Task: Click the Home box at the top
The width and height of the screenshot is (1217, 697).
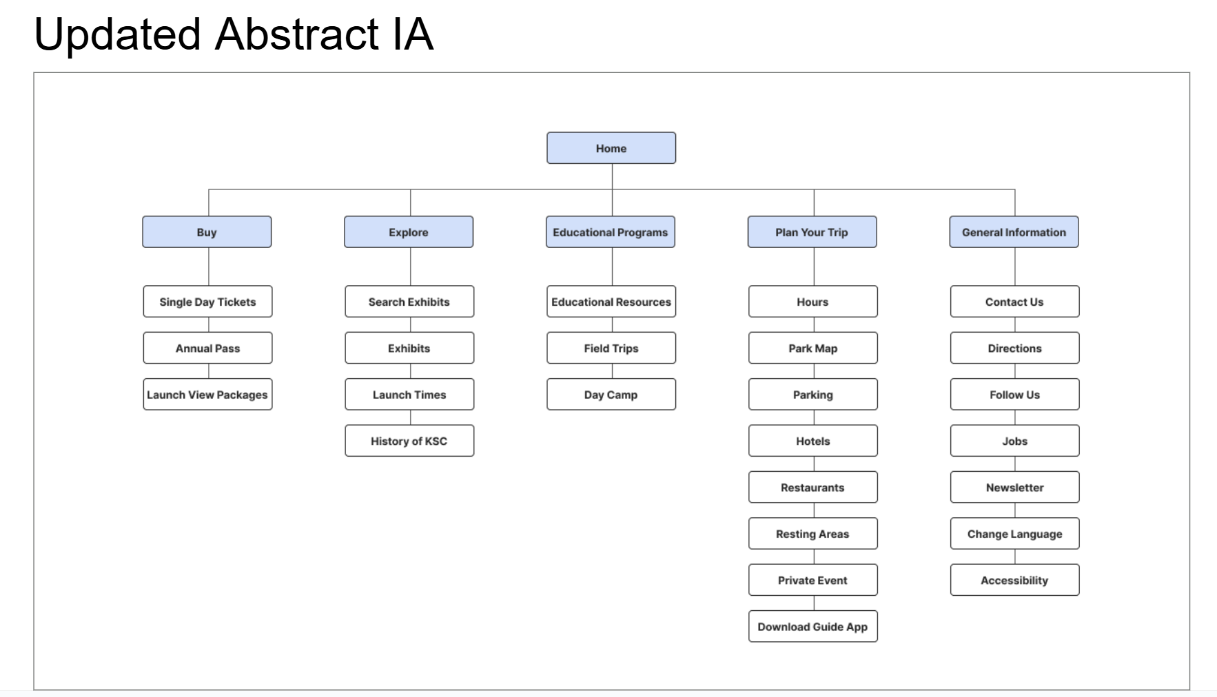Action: tap(611, 148)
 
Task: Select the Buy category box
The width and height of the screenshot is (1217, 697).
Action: tap(207, 232)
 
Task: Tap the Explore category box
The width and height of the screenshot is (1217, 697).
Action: tap(409, 232)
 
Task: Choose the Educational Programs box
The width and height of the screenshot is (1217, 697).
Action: tap(611, 232)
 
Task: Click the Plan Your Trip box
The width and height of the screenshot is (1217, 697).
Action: tap(812, 232)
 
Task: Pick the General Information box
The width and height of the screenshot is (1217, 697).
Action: tap(1014, 232)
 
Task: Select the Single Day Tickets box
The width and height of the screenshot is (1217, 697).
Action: tap(207, 302)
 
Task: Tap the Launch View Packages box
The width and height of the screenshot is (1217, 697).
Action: tap(207, 395)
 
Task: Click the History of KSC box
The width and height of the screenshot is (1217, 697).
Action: tap(409, 441)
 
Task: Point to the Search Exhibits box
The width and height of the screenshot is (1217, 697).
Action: tap(409, 302)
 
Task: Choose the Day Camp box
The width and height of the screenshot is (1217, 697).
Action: tap(611, 395)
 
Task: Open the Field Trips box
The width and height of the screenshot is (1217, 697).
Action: tap(611, 348)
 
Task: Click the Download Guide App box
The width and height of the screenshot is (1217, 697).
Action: tap(812, 627)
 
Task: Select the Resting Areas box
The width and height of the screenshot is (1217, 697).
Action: tap(812, 534)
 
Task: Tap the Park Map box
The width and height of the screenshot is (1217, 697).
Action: tap(812, 348)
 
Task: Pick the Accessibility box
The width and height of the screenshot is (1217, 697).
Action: tap(1014, 581)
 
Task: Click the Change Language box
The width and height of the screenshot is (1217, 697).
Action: tap(1014, 534)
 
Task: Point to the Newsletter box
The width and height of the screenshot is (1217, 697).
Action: tap(1014, 488)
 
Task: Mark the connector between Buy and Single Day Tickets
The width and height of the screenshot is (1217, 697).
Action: tap(209, 267)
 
